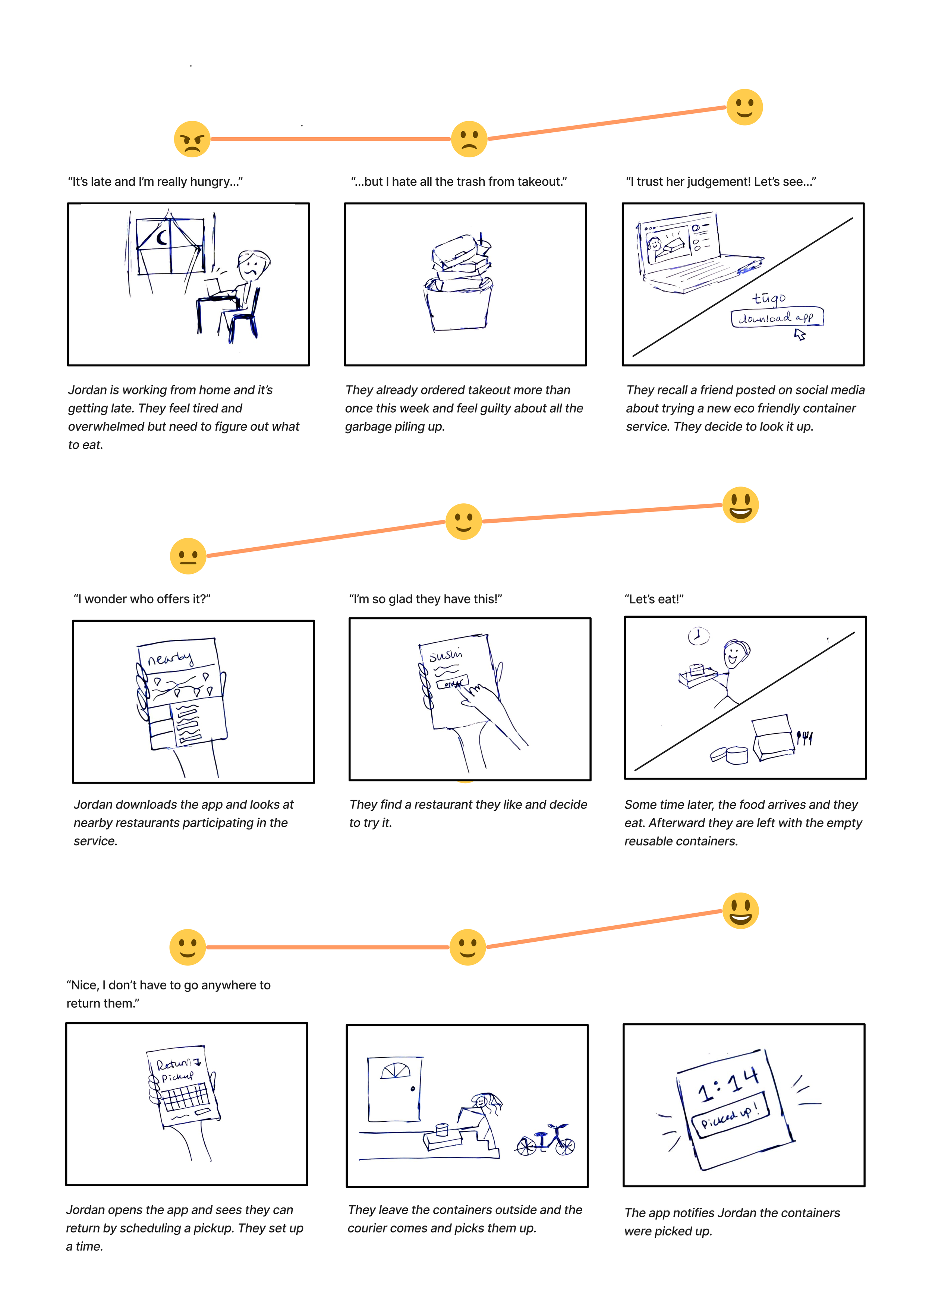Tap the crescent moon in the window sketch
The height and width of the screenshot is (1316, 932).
[163, 237]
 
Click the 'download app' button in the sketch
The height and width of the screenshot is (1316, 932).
[777, 317]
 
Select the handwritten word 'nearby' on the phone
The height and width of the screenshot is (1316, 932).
[170, 658]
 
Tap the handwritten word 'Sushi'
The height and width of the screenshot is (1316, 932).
[446, 654]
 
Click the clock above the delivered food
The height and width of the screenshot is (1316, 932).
[698, 635]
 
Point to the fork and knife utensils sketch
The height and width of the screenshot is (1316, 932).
[804, 737]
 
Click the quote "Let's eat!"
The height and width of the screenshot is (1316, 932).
[654, 599]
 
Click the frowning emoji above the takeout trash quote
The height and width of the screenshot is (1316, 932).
[469, 139]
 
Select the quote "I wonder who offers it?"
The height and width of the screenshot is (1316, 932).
[142, 599]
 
